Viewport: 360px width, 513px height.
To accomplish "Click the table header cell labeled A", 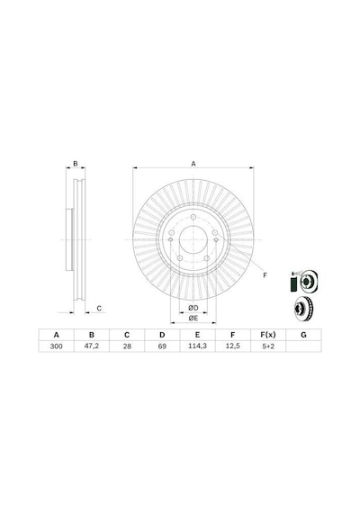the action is [57, 335].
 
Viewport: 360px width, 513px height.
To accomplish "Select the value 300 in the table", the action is [57, 346].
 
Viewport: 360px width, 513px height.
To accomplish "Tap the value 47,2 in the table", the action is [92, 346].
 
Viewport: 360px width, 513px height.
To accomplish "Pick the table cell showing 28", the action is [127, 346].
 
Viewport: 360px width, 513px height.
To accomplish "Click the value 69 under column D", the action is [162, 346].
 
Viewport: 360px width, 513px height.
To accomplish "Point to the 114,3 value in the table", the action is [197, 346].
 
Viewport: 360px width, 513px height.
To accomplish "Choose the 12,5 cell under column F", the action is [233, 346].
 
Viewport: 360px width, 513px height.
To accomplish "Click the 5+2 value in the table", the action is [268, 346].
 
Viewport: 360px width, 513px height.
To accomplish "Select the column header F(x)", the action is [268, 335].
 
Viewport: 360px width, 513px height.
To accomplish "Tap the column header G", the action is [303, 335].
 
